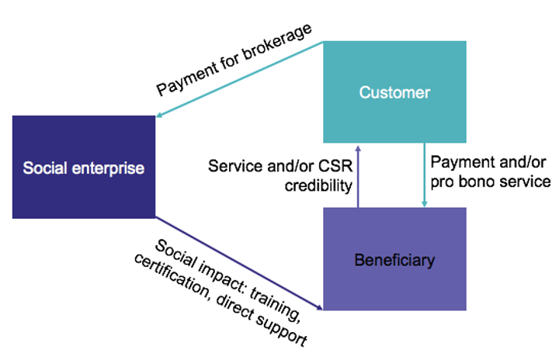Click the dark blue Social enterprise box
click(84, 167)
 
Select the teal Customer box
click(394, 92)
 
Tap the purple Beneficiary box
click(394, 259)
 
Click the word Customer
click(394, 92)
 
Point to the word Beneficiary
click(394, 260)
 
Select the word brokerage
click(277, 42)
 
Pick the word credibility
click(318, 185)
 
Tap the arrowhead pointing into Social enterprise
click(160, 114)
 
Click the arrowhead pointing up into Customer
click(358, 148)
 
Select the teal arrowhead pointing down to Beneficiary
click(424, 203)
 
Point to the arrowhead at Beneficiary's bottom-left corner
click(319, 307)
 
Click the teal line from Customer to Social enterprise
click(240, 79)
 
